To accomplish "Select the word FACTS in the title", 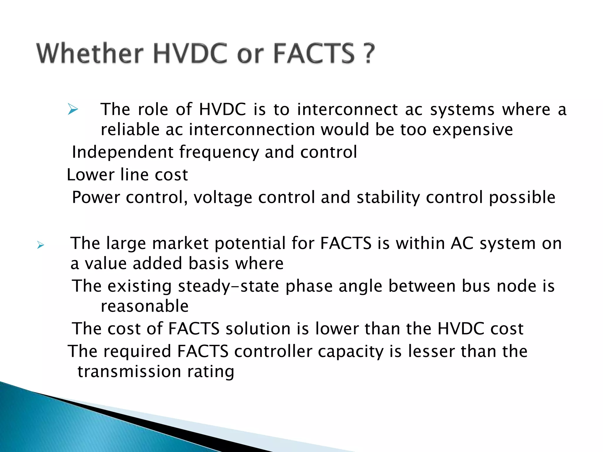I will point(314,54).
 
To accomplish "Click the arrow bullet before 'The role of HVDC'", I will point(72,109).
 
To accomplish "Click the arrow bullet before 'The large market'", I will point(40,245).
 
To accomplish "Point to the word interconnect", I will point(347,109).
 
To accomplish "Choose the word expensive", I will point(472,130).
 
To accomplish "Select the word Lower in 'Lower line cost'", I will point(90,175).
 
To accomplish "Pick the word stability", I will point(388,197).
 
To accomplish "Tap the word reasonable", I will point(145,306).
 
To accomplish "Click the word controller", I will point(273,351).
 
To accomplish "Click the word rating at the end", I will point(211,372).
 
